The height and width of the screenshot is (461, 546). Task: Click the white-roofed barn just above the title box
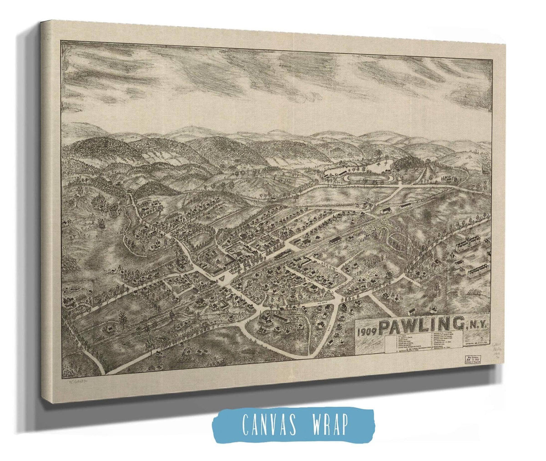(x=412, y=311)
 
